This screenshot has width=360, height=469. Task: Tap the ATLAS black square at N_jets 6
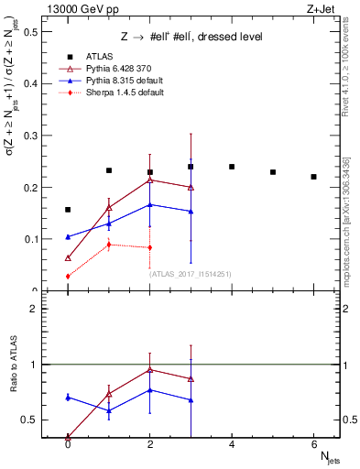click(313, 177)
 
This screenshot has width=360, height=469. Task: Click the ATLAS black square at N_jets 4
click(232, 167)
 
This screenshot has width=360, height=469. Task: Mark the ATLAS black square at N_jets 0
click(68, 210)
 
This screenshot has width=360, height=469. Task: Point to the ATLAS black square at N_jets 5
click(273, 172)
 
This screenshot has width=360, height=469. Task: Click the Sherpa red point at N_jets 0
click(68, 277)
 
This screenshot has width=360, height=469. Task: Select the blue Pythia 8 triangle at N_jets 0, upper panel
click(68, 237)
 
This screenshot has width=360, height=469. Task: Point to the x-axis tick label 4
click(232, 444)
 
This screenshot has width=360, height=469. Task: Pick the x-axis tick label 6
click(313, 444)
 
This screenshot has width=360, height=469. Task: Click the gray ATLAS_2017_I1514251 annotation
click(189, 274)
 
